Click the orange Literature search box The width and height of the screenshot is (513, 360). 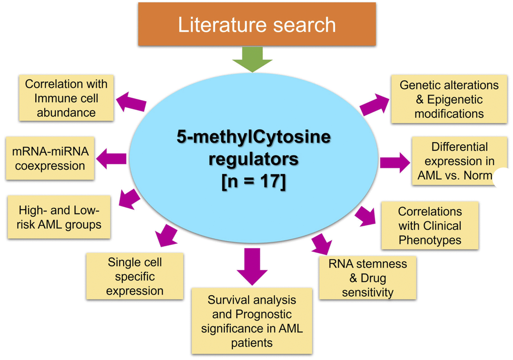point(256,25)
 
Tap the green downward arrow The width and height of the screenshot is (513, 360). point(252,60)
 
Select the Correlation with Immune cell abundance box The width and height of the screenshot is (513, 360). point(66,98)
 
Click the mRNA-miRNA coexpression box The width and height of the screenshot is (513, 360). point(50,158)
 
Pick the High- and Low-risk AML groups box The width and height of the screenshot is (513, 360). point(59,217)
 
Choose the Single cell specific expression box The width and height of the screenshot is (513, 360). point(134,276)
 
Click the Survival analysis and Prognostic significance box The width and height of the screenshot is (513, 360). point(251,321)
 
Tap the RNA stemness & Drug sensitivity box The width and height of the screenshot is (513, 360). point(367,278)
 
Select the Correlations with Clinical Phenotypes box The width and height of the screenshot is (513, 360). point(430,225)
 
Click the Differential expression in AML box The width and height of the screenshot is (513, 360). point(459,161)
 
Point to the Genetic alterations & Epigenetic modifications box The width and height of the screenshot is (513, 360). point(449,99)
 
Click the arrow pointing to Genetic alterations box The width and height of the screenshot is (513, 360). point(375,105)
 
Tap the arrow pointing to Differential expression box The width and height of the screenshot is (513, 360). point(395,162)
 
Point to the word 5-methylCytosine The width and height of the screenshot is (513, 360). point(253,137)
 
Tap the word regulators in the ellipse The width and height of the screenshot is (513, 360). point(253,159)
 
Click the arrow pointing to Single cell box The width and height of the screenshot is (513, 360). point(166,235)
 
